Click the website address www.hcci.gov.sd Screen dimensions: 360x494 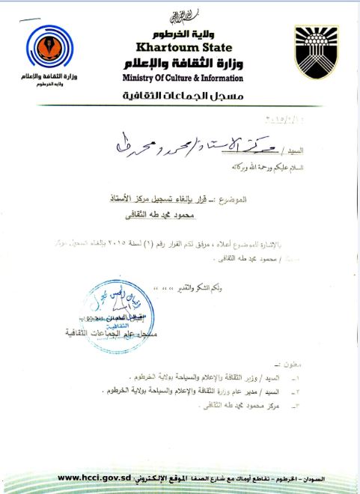pyautogui.click(x=94, y=478)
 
